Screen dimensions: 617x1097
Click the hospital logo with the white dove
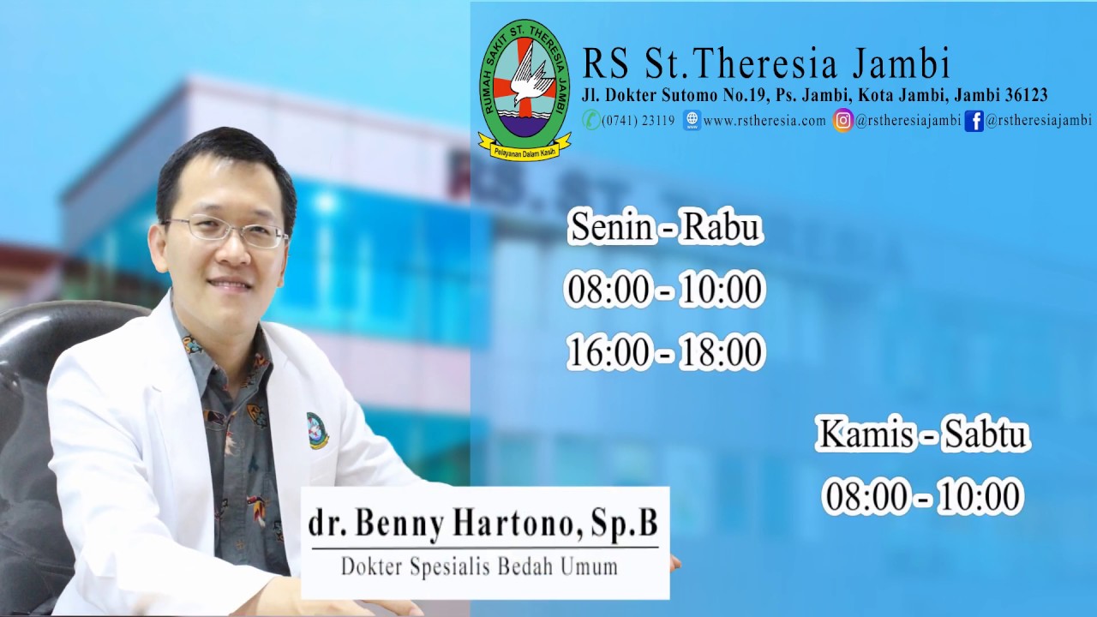525,89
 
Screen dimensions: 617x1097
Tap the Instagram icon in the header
843,121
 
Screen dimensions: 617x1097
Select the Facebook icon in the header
974,121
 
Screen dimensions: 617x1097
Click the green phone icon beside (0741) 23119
591,120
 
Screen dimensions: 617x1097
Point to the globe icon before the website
692,121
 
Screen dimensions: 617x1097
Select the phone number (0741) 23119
638,121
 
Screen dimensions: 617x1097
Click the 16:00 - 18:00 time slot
665,352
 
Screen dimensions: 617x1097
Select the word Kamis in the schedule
864,434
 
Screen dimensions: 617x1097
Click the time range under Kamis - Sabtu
923,496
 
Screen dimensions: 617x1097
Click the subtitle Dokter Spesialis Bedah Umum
479,566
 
